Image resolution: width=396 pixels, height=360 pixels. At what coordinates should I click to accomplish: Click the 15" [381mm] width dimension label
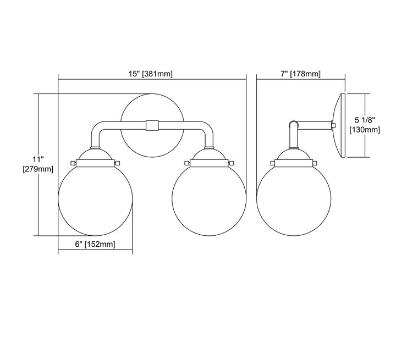tap(151, 74)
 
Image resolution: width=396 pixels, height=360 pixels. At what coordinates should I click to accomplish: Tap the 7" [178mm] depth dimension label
tap(300, 74)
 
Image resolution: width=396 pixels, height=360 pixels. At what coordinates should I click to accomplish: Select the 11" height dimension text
tap(38, 159)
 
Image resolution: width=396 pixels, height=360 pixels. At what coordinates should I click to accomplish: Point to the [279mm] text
tap(38, 169)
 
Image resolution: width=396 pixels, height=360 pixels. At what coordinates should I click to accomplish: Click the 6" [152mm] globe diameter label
tap(95, 244)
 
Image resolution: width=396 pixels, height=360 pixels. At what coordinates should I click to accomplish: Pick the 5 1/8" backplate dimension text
tap(365, 120)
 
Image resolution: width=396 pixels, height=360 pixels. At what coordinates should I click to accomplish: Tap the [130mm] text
tap(365, 130)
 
